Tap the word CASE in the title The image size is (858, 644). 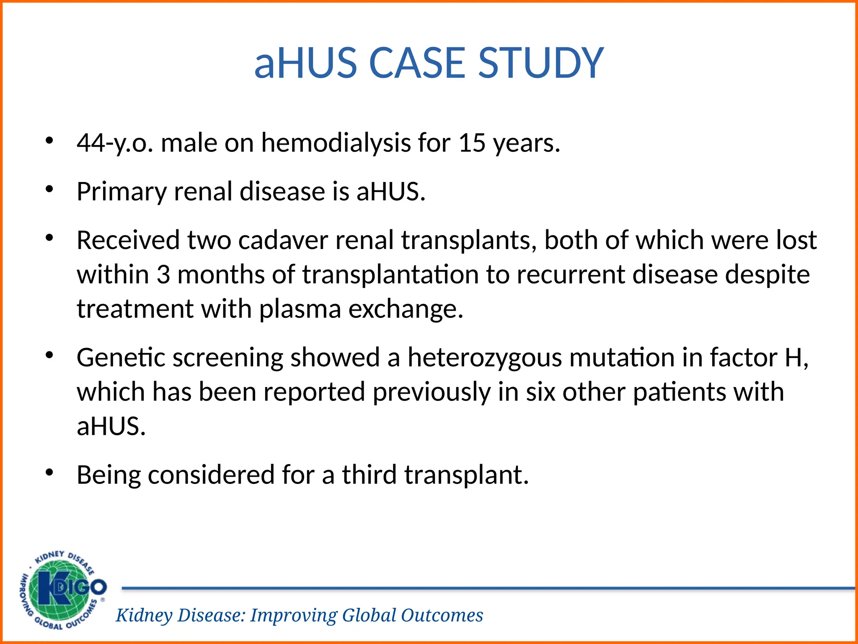pyautogui.click(x=417, y=63)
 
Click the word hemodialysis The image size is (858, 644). pyautogui.click(x=336, y=143)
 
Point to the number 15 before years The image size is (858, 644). pyautogui.click(x=472, y=143)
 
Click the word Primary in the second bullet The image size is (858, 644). pyautogui.click(x=121, y=192)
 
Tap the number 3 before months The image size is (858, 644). pyautogui.click(x=163, y=275)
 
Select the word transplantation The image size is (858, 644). pyautogui.click(x=390, y=275)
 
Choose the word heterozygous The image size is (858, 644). pyautogui.click(x=485, y=358)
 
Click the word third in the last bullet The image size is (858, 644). pyautogui.click(x=369, y=475)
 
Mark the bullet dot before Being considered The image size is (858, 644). pyautogui.click(x=50, y=473)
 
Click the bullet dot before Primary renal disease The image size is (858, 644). pyautogui.click(x=50, y=190)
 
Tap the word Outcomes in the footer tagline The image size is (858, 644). pyautogui.click(x=442, y=615)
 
